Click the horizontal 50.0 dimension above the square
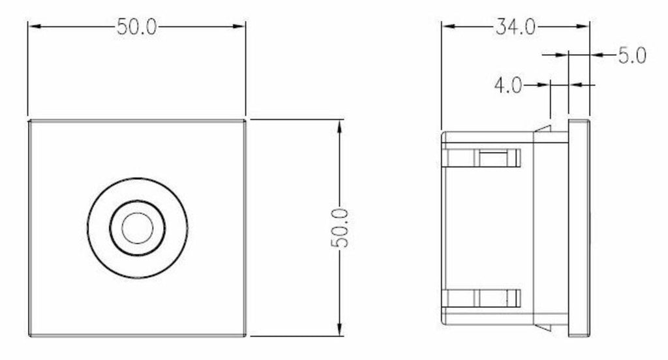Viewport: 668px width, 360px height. coord(137,27)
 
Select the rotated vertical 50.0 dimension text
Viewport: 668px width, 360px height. coord(341,228)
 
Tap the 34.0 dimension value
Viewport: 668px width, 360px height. coord(515,27)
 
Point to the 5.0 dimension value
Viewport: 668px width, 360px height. coord(631,56)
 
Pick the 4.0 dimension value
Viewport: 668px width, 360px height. coord(508,85)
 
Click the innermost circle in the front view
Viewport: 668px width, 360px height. coord(138,227)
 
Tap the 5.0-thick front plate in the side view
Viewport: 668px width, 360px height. coord(579,228)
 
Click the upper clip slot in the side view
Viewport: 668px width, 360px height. coord(493,158)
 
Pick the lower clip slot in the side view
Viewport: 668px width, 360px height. coord(493,298)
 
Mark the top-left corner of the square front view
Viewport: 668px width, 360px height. coord(29,121)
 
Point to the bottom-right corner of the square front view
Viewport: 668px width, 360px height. coord(245,336)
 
